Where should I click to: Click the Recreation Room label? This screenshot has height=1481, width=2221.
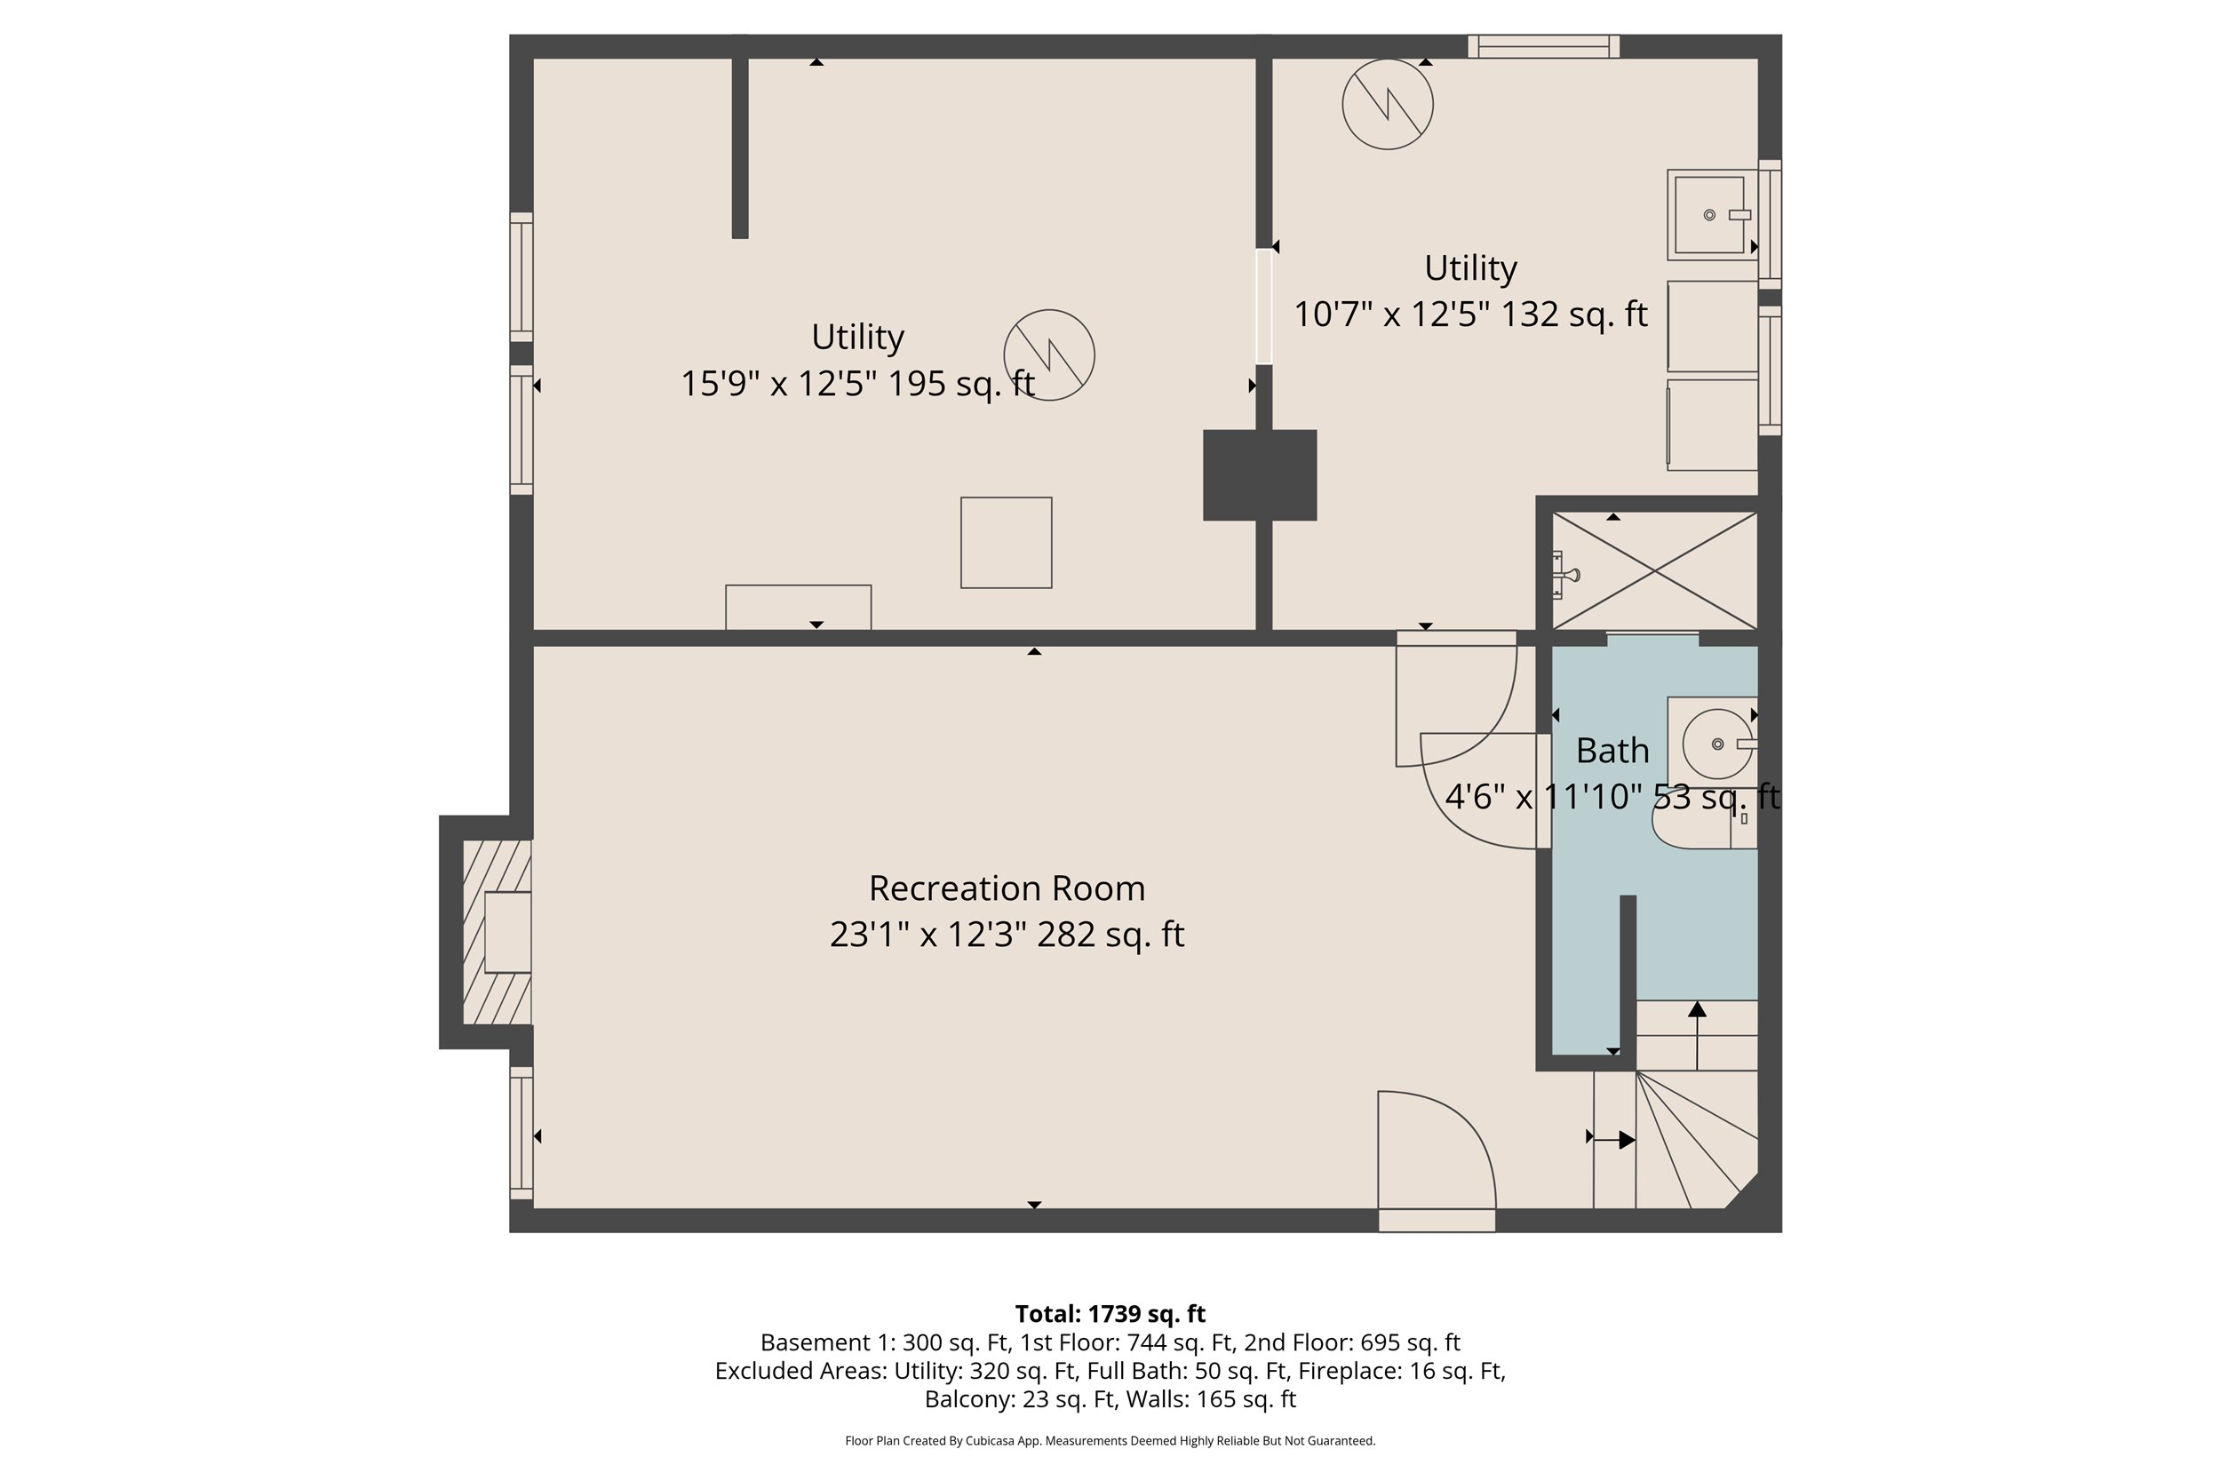pyautogui.click(x=1007, y=888)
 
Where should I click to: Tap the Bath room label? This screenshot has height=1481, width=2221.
pyautogui.click(x=1612, y=751)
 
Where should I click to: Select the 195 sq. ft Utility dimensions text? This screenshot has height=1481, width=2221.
pyautogui.click(x=857, y=384)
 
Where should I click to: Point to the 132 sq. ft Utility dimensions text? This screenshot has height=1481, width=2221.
pyautogui.click(x=1469, y=314)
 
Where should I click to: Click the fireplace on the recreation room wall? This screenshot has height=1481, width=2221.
pyautogui.click(x=498, y=932)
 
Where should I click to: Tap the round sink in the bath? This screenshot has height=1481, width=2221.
pyautogui.click(x=1717, y=744)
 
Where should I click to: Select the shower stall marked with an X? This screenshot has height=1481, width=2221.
pyautogui.click(x=1654, y=570)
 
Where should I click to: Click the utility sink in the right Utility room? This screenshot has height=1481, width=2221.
pyautogui.click(x=1710, y=215)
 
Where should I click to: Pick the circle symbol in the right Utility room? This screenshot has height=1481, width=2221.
pyautogui.click(x=1387, y=104)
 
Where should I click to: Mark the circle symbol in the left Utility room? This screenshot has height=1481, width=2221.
pyautogui.click(x=1049, y=355)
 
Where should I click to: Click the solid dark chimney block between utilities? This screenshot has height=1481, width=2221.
pyautogui.click(x=1259, y=475)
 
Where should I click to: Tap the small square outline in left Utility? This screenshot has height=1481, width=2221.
pyautogui.click(x=1006, y=543)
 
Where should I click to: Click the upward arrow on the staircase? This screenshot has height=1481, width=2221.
pyautogui.click(x=1697, y=1035)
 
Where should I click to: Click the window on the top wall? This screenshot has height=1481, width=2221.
pyautogui.click(x=1543, y=46)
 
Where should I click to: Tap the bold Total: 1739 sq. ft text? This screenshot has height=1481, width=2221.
pyautogui.click(x=1110, y=1314)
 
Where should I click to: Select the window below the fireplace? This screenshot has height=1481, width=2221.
pyautogui.click(x=521, y=1134)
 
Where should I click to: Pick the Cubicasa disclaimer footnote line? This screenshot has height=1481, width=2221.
pyautogui.click(x=1110, y=1440)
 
